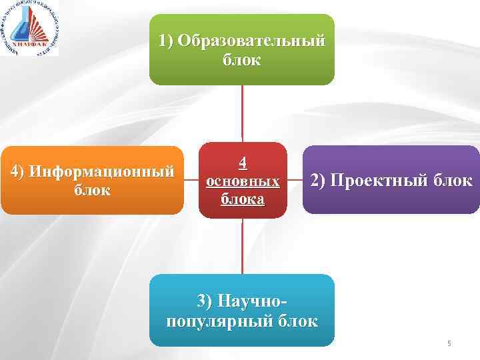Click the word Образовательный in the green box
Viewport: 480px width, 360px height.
click(252, 41)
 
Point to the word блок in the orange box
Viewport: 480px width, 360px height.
click(92, 190)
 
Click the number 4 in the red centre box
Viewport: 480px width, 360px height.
click(243, 162)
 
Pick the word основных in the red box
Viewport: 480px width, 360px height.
click(243, 181)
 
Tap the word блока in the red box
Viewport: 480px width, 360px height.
click(243, 199)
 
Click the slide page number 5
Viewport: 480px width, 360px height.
click(449, 343)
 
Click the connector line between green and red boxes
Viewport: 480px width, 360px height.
click(242, 113)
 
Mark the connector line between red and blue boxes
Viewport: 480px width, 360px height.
click(242, 246)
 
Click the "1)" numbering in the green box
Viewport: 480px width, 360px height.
click(166, 41)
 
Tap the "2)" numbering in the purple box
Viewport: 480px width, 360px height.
click(317, 181)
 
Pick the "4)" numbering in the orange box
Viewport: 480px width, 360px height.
click(18, 171)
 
